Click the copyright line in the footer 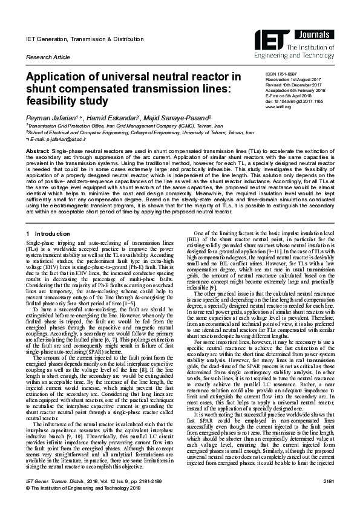[x=81, y=504]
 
